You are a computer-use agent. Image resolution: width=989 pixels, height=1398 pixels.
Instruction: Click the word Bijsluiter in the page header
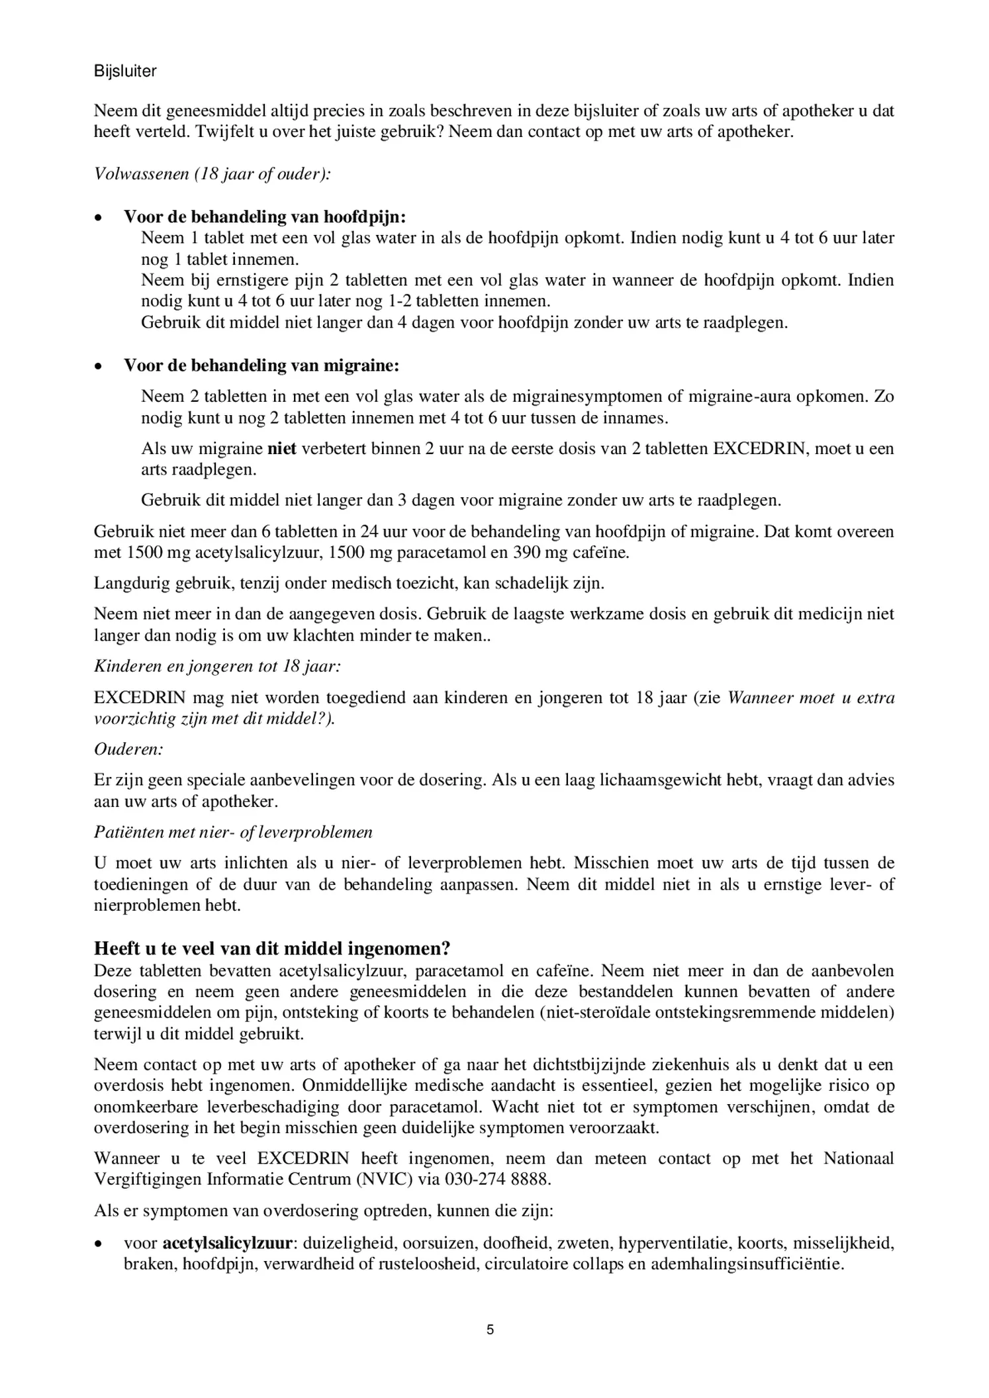coord(125,71)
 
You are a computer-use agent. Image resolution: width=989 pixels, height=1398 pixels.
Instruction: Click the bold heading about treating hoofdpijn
coord(265,217)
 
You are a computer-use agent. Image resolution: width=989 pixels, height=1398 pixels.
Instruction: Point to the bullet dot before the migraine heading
coord(99,366)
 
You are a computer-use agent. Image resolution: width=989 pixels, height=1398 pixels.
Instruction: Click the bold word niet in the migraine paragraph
coord(282,449)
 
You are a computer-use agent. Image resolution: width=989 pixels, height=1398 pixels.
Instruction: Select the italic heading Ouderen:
coord(129,749)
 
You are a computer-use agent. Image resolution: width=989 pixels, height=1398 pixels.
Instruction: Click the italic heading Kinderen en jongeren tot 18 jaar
coord(218,666)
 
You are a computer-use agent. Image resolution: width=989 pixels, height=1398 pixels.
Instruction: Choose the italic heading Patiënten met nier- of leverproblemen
coord(233,832)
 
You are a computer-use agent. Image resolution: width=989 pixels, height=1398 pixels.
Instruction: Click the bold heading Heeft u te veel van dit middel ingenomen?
coord(272,949)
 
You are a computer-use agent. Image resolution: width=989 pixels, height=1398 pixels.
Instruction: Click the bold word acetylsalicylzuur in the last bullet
coord(227,1243)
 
